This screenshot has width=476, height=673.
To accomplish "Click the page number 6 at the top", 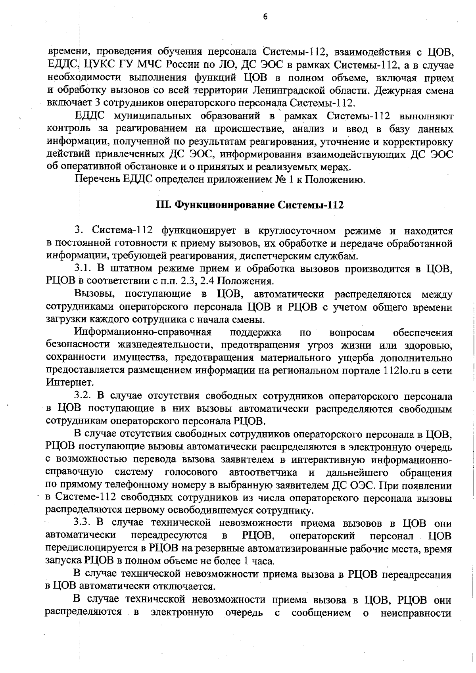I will [x=265, y=16].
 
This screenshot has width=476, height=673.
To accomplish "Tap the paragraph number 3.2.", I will [x=83, y=396].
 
